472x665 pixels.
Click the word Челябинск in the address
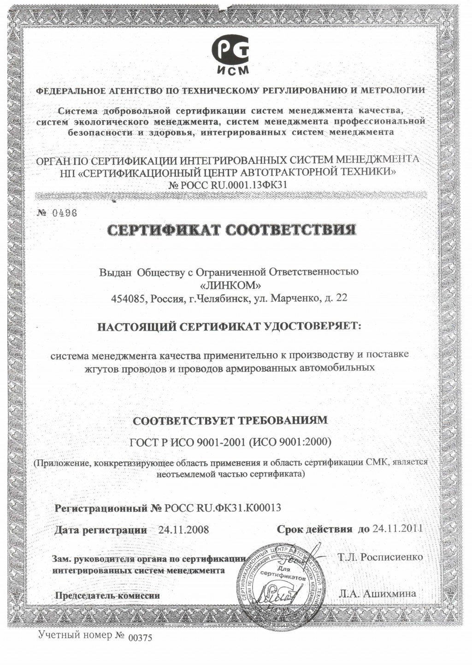point(224,298)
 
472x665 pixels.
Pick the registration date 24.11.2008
point(183,530)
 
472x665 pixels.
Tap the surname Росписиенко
point(392,557)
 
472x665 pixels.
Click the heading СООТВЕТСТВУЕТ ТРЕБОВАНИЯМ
point(230,420)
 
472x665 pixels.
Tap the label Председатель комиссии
point(107,595)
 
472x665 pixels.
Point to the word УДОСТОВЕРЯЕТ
point(314,327)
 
